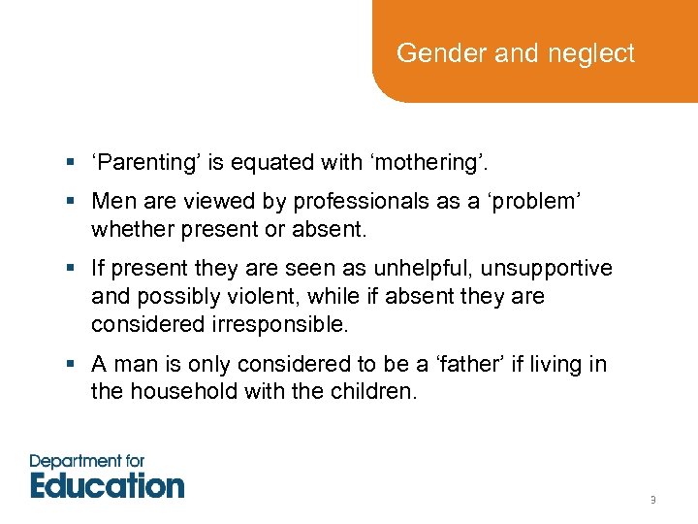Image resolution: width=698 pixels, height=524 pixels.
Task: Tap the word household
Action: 176,392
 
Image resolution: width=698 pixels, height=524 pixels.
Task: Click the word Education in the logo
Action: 107,484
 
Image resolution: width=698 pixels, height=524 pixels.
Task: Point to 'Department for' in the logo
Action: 87,461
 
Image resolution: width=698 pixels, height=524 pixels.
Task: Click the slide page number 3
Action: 652,501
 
